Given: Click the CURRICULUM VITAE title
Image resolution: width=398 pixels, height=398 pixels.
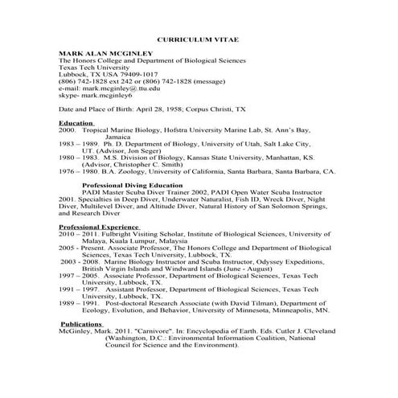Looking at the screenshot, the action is (x=198, y=39).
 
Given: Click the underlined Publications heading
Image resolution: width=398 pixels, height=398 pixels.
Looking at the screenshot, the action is (x=82, y=323).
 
